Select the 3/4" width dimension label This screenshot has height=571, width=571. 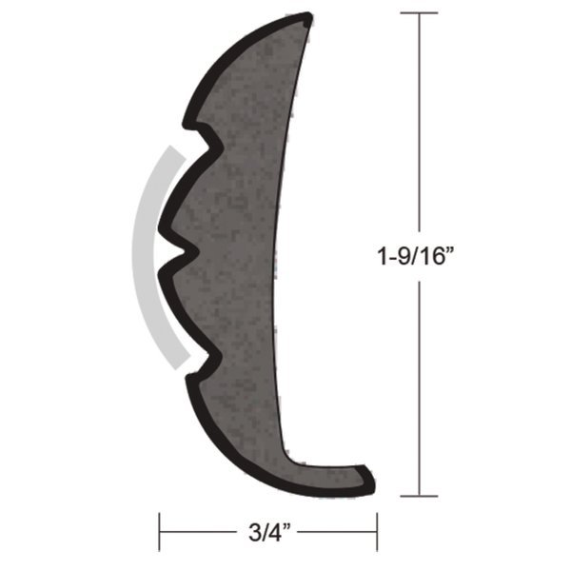[x=268, y=526]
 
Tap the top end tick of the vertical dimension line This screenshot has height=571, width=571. [x=419, y=13]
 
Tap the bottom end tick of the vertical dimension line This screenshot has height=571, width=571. [x=419, y=495]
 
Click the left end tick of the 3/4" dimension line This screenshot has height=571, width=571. [x=160, y=526]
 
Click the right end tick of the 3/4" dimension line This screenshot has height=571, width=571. [x=378, y=526]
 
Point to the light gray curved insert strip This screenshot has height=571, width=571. [x=143, y=257]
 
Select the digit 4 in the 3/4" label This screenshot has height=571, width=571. [x=275, y=526]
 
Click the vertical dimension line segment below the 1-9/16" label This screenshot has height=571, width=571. [x=419, y=381]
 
